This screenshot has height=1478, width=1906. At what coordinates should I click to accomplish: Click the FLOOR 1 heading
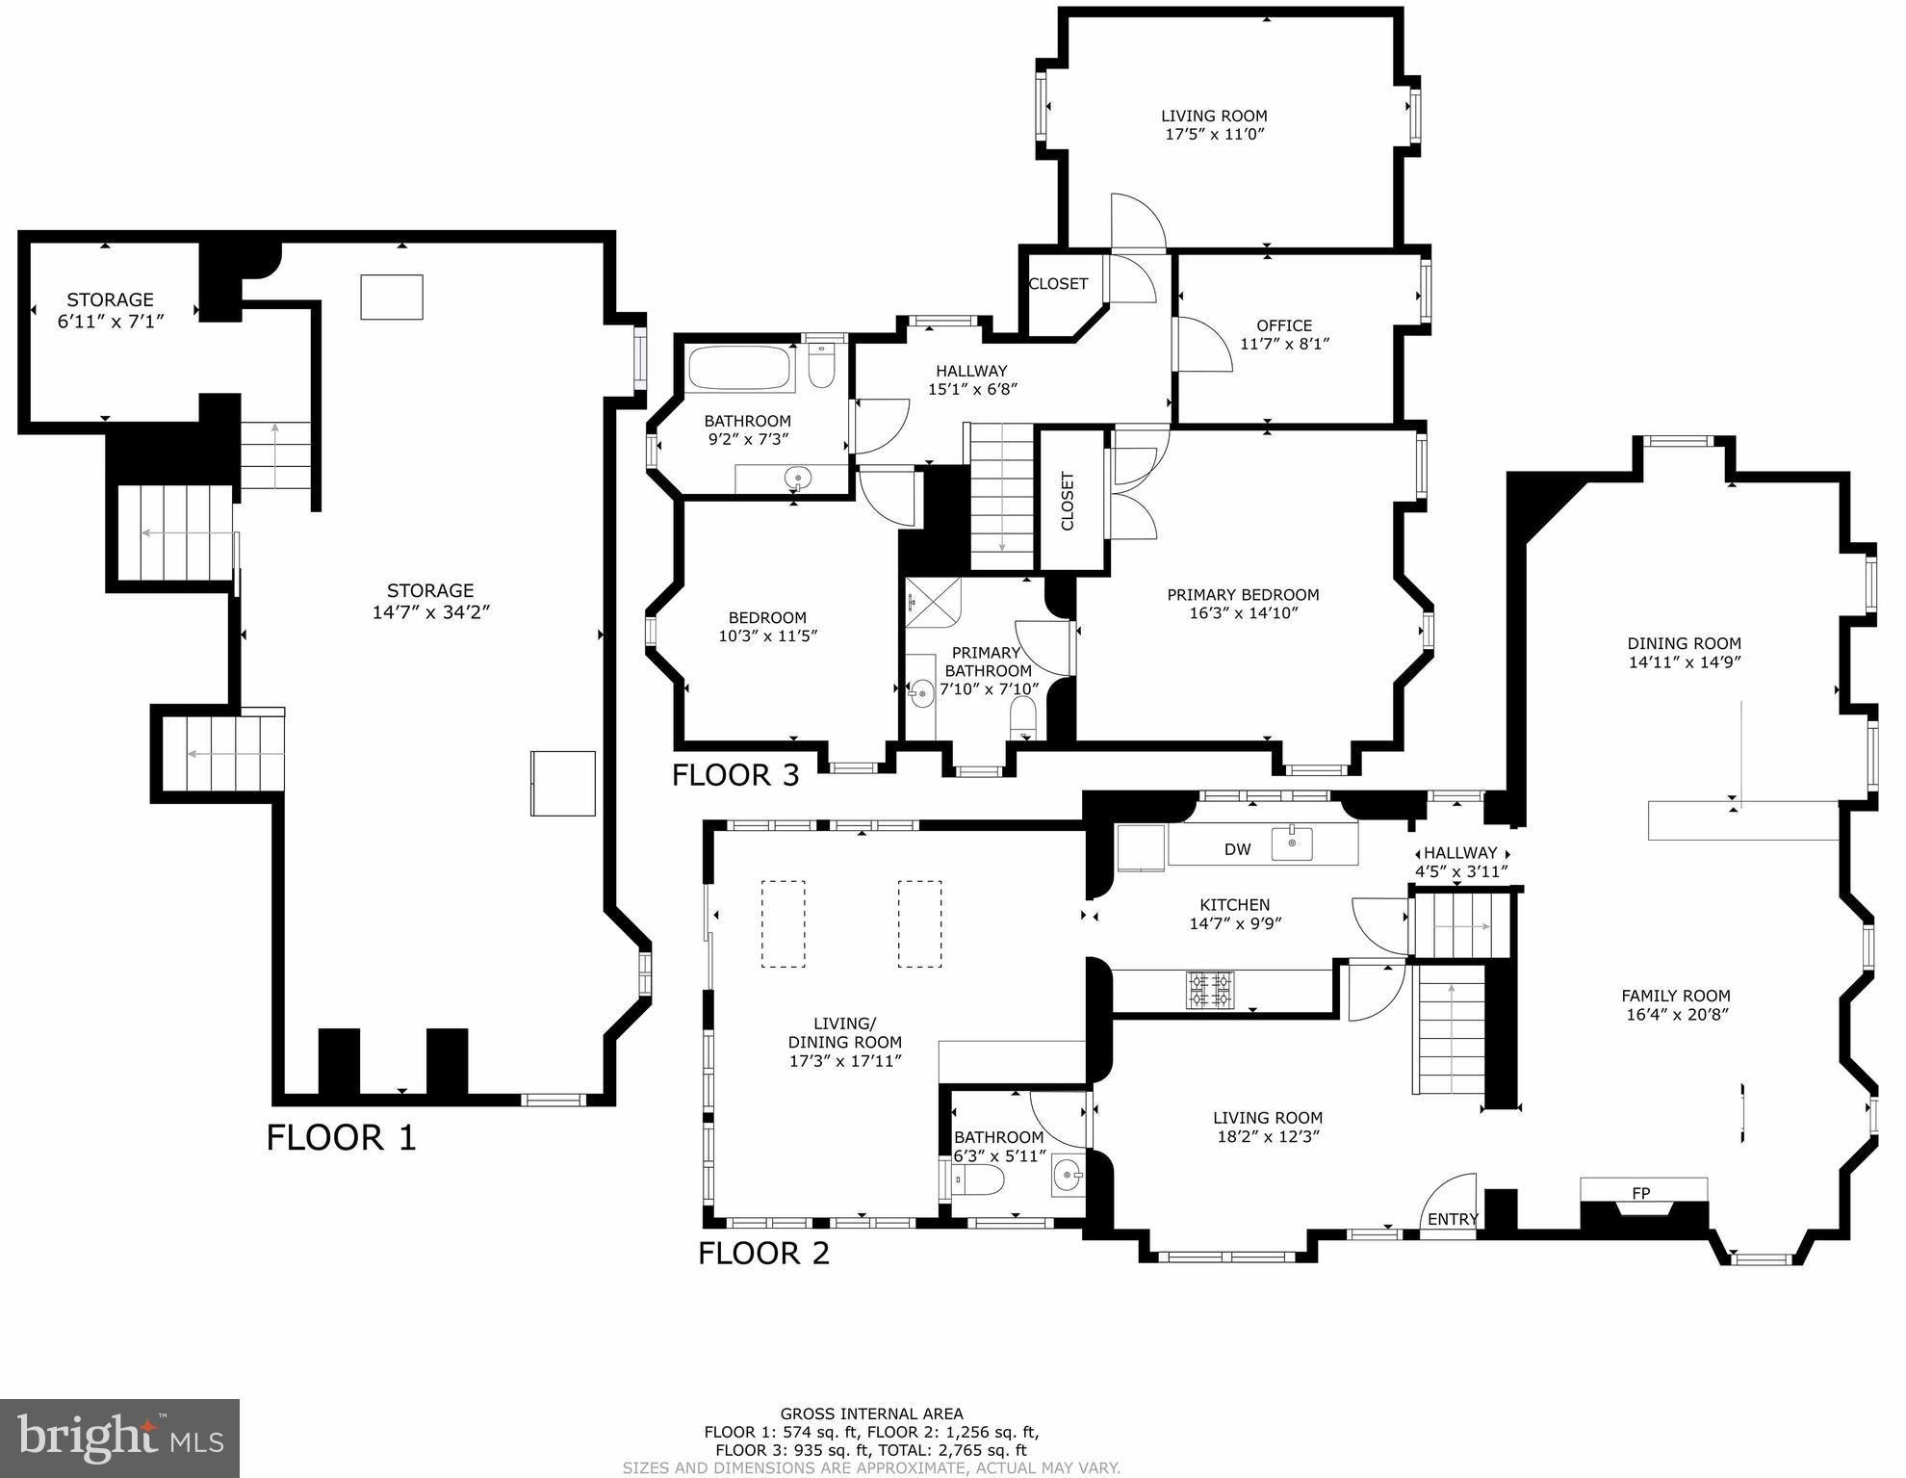[x=341, y=1138]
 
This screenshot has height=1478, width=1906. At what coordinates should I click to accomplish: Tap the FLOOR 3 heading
[x=735, y=775]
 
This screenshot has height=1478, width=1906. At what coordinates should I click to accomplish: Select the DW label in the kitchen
[x=1237, y=849]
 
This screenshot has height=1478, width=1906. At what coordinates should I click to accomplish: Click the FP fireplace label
[x=1641, y=1193]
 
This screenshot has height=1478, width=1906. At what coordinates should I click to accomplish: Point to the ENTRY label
[x=1452, y=1219]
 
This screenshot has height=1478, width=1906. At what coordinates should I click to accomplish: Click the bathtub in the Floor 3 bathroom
[x=740, y=369]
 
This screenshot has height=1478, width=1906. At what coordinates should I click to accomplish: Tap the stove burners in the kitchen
[x=1210, y=990]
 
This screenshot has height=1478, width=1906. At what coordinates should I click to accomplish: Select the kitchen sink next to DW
[x=1291, y=844]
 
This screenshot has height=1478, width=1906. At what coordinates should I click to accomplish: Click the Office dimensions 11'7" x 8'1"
[x=1284, y=344]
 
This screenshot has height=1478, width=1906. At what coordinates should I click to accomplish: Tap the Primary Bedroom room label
[x=1243, y=595]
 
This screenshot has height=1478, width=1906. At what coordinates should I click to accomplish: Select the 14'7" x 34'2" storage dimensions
[x=430, y=612]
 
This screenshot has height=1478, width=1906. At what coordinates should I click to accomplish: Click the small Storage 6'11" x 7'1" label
[x=110, y=310]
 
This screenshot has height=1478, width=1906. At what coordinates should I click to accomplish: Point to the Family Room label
[x=1675, y=996]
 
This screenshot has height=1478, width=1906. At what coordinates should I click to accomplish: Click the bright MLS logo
[x=119, y=1439]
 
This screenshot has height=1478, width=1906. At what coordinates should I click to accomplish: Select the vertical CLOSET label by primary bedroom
[x=1067, y=501]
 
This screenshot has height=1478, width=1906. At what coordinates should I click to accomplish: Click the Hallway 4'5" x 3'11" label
[x=1460, y=862]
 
